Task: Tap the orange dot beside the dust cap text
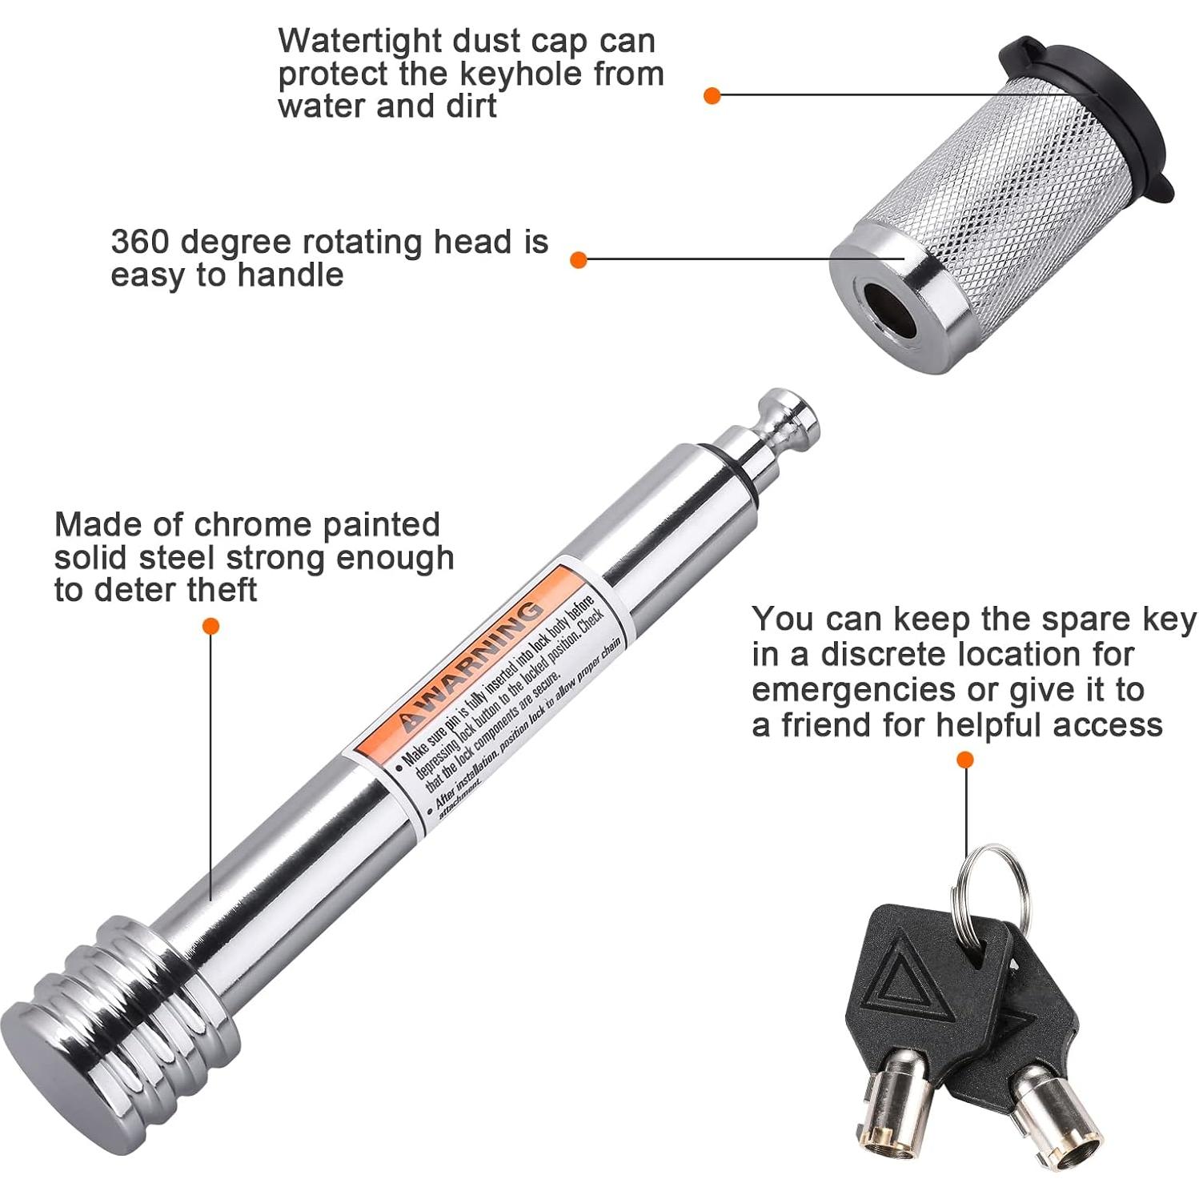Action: (x=712, y=96)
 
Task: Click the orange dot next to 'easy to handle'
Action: (x=579, y=260)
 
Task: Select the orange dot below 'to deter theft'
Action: (x=211, y=626)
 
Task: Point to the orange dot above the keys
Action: (x=965, y=759)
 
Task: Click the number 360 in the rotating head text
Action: (x=140, y=242)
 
